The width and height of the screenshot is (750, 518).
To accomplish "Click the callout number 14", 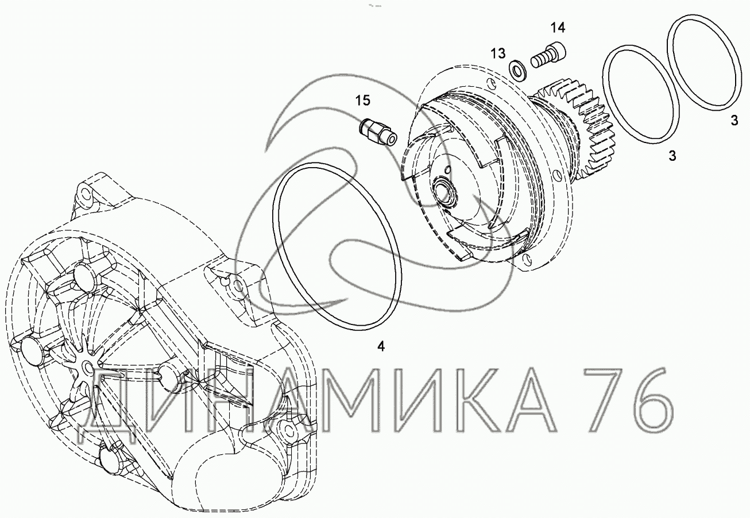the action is [x=558, y=28].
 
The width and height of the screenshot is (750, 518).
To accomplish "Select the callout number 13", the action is [x=498, y=53].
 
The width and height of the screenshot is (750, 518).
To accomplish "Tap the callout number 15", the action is [x=362, y=100].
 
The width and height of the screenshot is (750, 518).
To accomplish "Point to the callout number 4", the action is [x=381, y=346].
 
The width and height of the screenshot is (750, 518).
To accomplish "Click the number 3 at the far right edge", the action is [x=734, y=121].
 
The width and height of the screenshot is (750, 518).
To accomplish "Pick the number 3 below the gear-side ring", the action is [x=672, y=156].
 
